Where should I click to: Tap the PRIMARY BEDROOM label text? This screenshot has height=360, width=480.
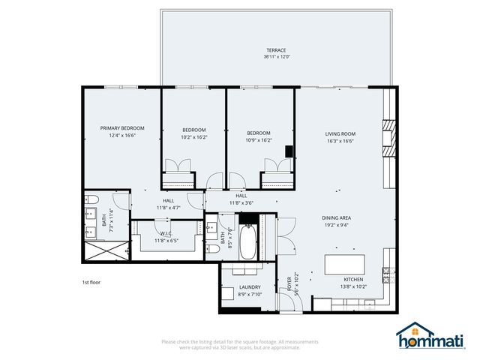pos(122,128)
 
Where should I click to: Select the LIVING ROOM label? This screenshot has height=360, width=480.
pos(339,134)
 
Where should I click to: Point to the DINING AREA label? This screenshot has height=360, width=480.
pos(337,218)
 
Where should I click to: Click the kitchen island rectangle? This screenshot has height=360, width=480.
pos(344,264)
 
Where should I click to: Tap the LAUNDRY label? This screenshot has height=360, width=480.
pos(250,287)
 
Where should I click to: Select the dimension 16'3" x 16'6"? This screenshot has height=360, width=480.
pos(339,141)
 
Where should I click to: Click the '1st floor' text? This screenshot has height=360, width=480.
pos(91,283)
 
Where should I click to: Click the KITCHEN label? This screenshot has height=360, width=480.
pos(353,280)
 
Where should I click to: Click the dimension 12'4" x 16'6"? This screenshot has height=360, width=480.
pos(122,136)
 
